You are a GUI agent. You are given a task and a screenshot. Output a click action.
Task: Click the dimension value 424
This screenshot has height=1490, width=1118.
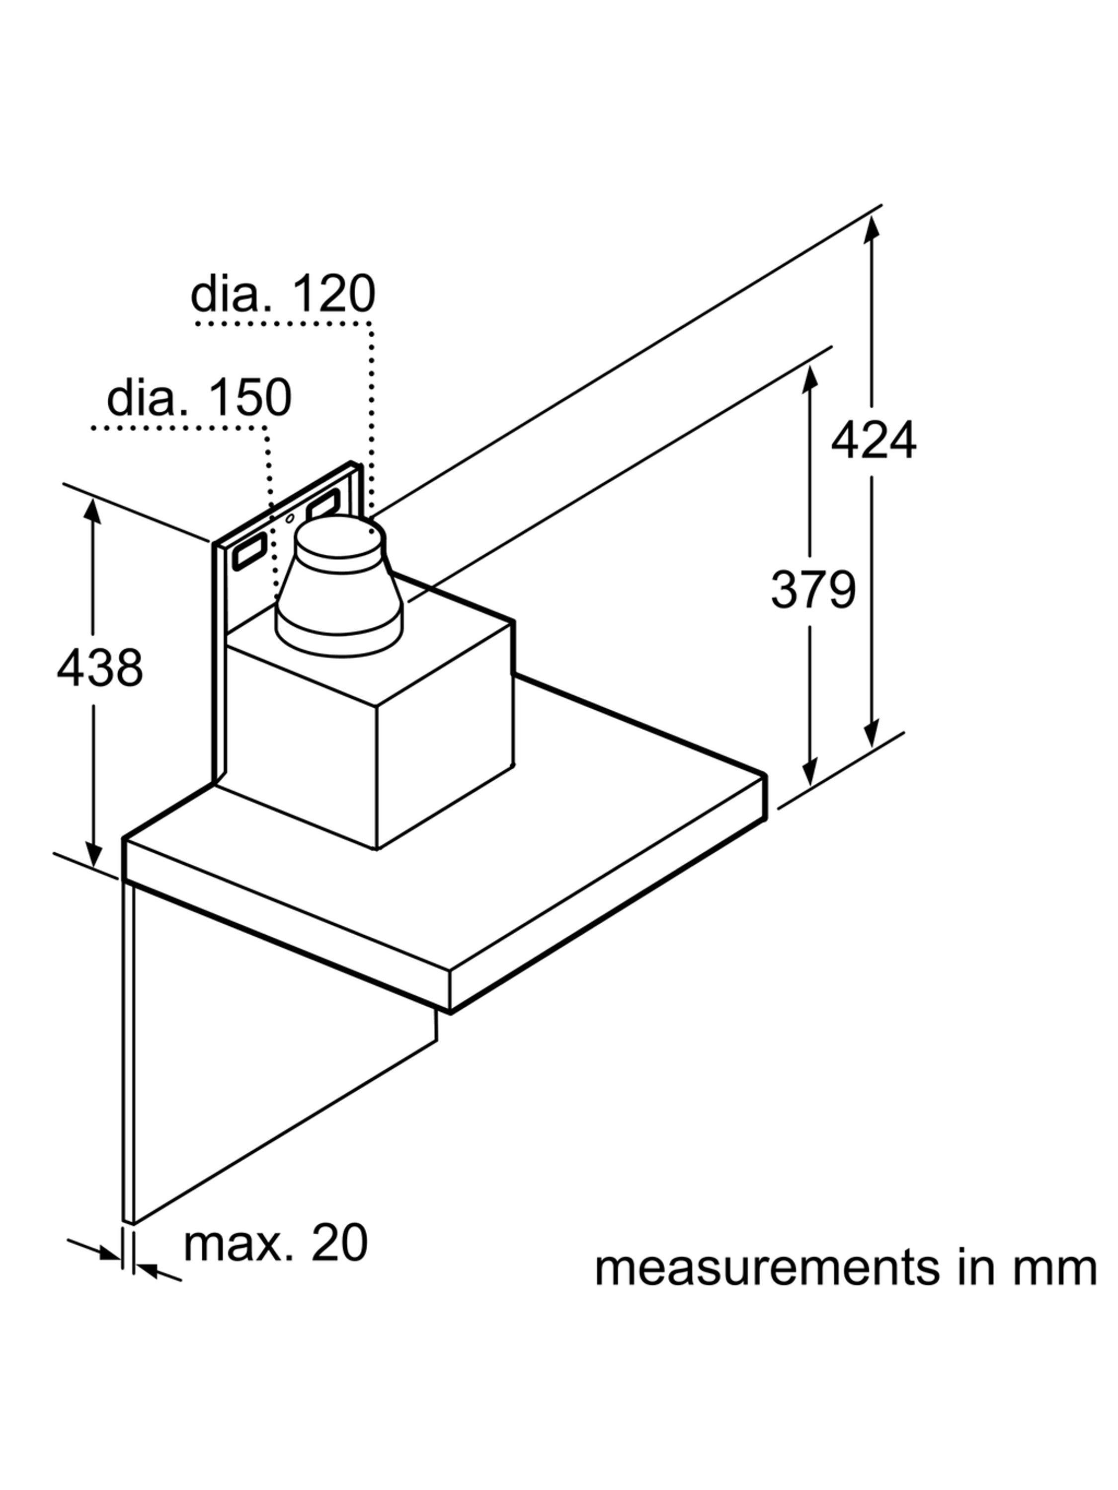(x=873, y=441)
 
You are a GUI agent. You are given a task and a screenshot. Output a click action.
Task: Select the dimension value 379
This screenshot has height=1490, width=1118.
(x=813, y=590)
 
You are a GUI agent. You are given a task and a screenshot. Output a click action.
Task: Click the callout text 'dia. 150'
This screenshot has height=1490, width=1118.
(x=199, y=398)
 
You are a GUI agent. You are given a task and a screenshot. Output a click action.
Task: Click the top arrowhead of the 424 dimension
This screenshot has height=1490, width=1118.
(x=872, y=227)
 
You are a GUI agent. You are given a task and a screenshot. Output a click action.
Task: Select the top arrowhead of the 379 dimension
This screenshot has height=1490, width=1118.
(x=809, y=377)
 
